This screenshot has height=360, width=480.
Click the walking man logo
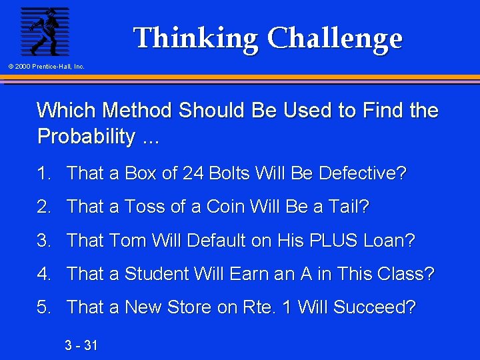coord(45,31)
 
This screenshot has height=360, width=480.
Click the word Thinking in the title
coord(196,38)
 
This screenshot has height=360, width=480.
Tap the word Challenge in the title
coord(335,38)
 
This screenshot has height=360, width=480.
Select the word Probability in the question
coord(86,137)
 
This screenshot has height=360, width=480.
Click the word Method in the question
coord(133,110)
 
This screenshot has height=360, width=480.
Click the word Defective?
coord(363,173)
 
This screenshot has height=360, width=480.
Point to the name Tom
coord(121,240)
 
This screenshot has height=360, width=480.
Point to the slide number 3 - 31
coord(81,345)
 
